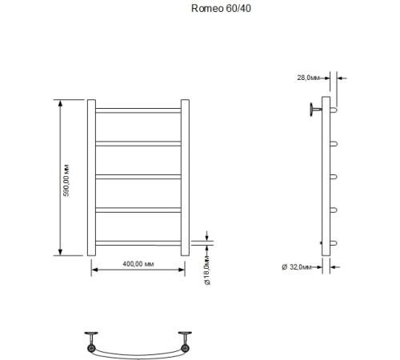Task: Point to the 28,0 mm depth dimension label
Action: click(x=308, y=77)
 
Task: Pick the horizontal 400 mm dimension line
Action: click(x=138, y=270)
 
